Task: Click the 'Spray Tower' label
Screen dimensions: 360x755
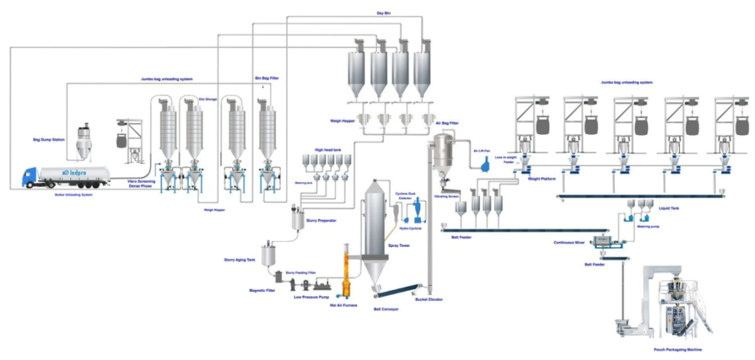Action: [x=398, y=245]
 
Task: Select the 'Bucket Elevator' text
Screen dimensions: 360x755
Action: [x=430, y=300]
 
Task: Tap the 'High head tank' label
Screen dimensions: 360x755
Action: [x=328, y=148]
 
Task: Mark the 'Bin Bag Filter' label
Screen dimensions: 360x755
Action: [x=267, y=77]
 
